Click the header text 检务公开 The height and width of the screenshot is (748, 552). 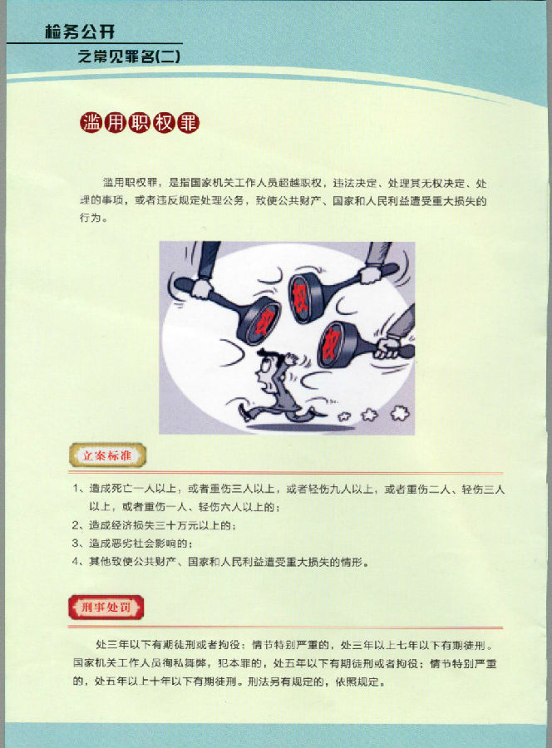tap(80, 32)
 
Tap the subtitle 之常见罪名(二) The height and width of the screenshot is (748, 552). tap(130, 57)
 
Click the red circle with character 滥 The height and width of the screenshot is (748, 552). tap(91, 123)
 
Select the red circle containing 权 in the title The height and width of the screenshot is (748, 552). tap(163, 123)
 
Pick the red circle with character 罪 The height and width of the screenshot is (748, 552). tap(188, 123)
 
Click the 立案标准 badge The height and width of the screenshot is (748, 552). tap(107, 455)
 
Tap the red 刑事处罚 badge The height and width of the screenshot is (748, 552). tap(106, 607)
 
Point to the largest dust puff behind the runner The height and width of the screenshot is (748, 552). tap(399, 412)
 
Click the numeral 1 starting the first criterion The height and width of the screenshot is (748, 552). tap(76, 488)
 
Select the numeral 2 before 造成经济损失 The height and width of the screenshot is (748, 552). tap(76, 525)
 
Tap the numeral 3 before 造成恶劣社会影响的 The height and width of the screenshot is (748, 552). tap(76, 543)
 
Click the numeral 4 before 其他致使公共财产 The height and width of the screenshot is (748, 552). tap(76, 561)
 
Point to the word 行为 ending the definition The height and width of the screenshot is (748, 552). tap(90, 218)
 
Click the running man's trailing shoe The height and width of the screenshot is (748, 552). tap(244, 413)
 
